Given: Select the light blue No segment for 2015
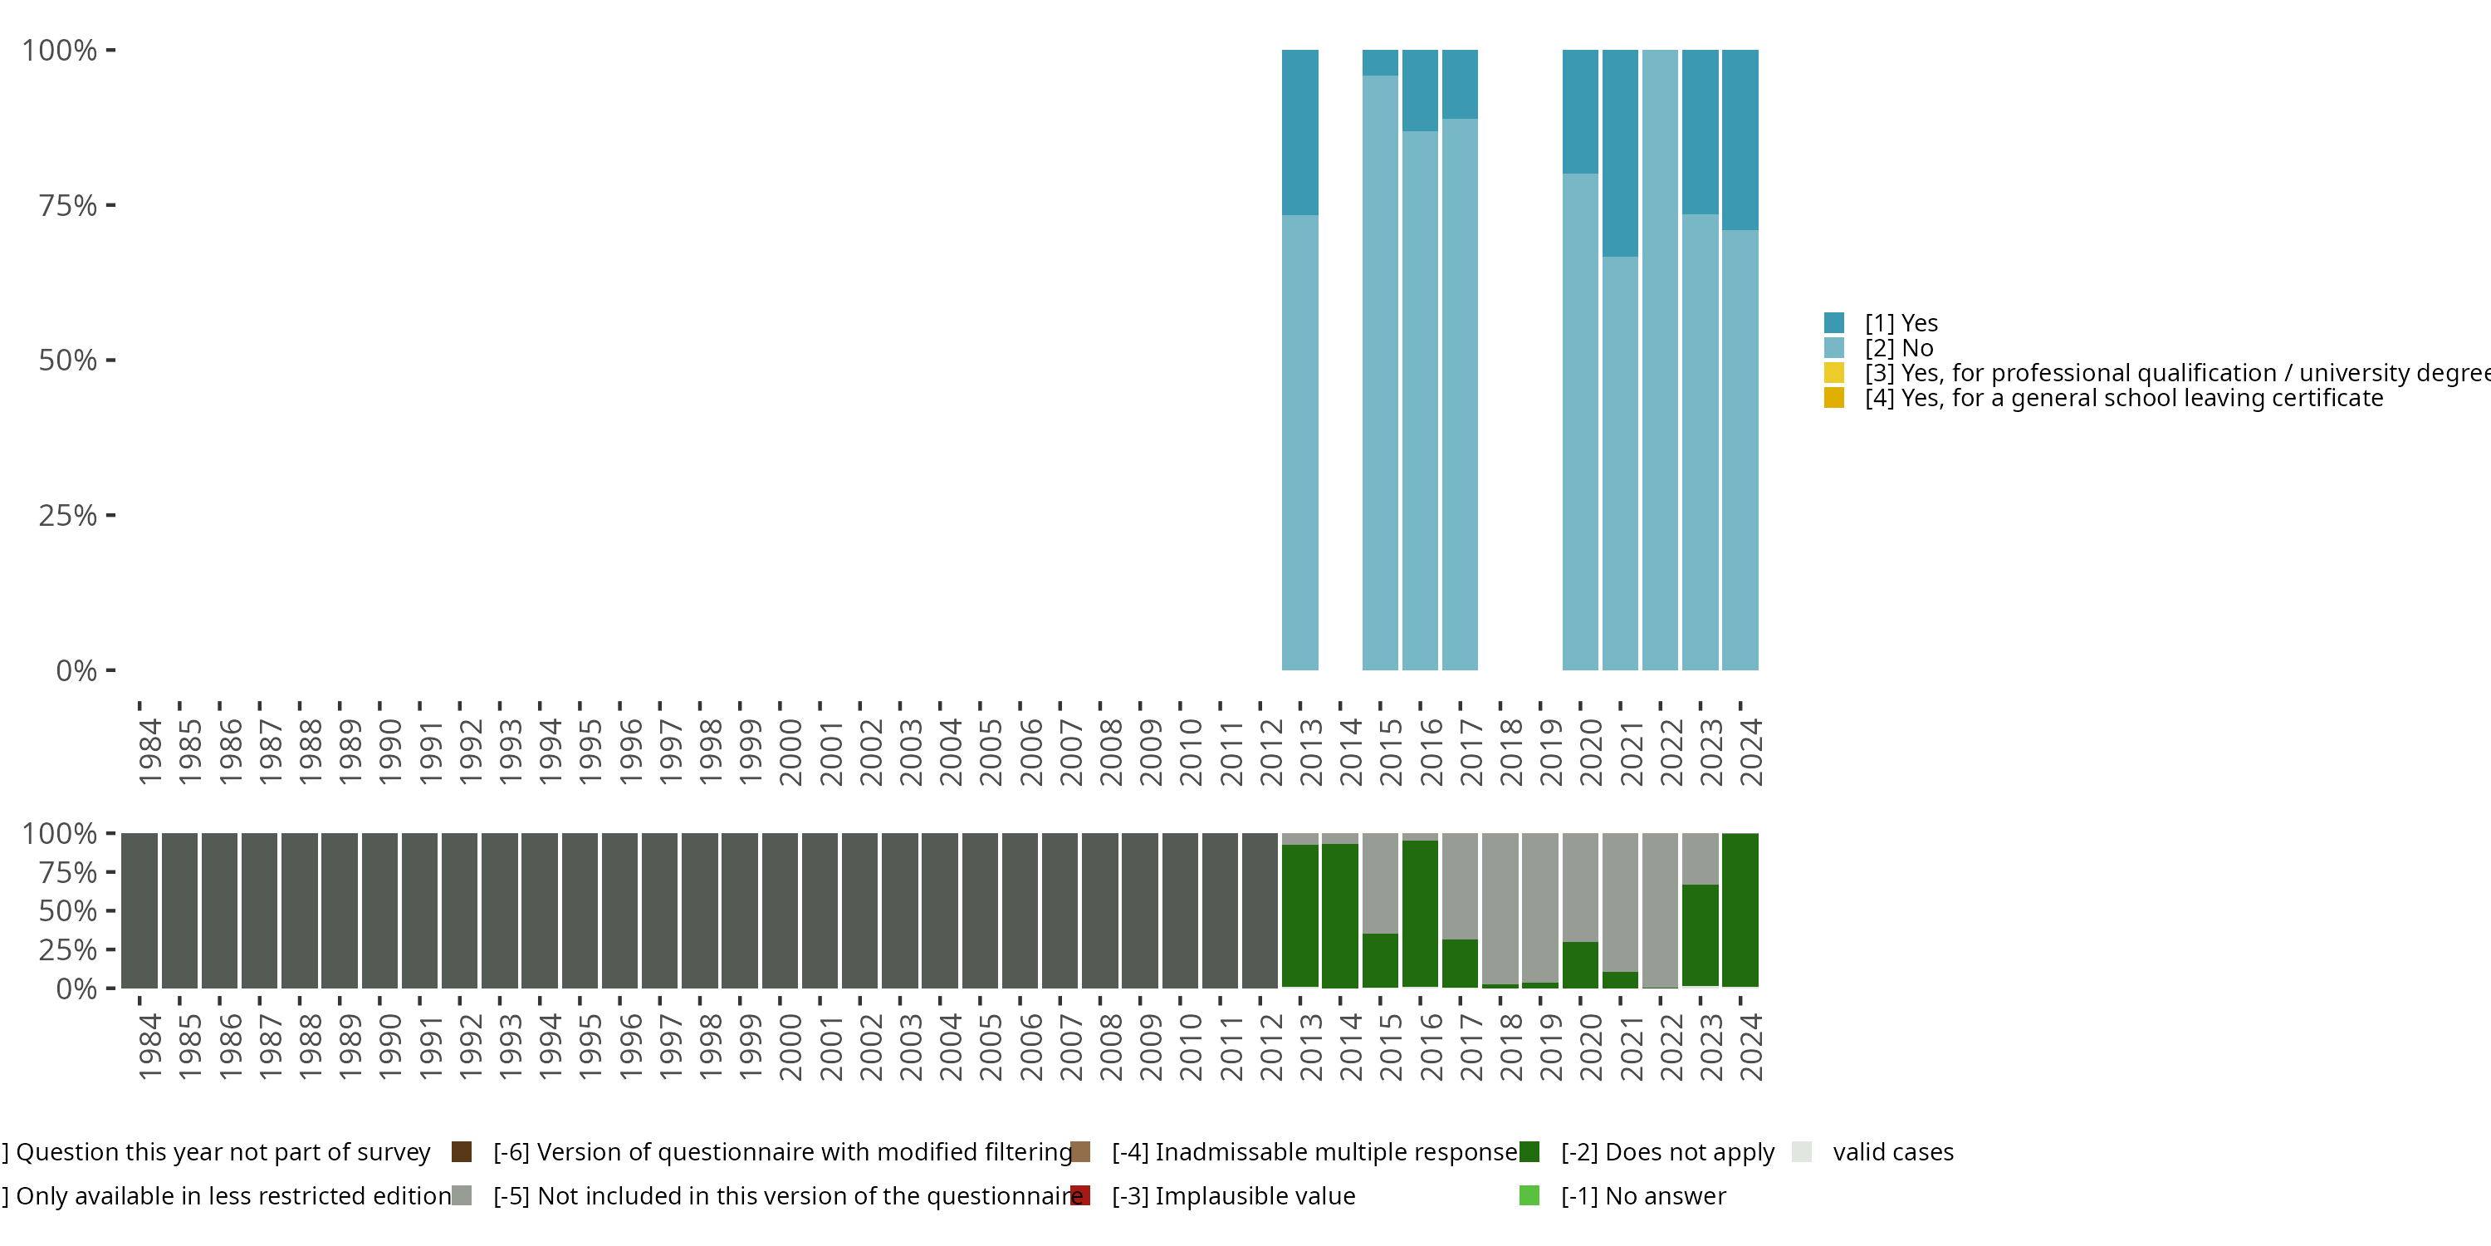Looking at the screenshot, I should pos(1380,372).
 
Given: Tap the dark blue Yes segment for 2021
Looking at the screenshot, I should pos(1620,153).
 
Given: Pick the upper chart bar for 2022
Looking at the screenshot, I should pos(1659,360).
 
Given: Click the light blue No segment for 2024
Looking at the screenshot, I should pos(1740,450).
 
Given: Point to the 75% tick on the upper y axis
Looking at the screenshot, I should pos(110,205).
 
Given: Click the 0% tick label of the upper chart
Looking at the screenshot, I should pos(76,670).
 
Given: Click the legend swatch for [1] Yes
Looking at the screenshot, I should pos(1833,323).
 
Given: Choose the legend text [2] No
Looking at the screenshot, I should pos(1898,348).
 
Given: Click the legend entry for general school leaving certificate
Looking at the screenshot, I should pos(2122,399).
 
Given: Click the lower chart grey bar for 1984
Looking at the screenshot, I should pos(139,910).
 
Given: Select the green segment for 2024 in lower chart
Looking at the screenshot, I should pos(1740,910).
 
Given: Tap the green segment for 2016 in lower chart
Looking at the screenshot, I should pos(1420,915).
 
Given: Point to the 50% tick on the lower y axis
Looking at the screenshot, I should pos(110,910).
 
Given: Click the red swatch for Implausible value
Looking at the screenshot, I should pos(1080,1195).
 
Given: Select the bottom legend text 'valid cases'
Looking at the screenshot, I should pos(1892,1152).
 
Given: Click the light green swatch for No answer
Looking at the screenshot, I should pos(1529,1195).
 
